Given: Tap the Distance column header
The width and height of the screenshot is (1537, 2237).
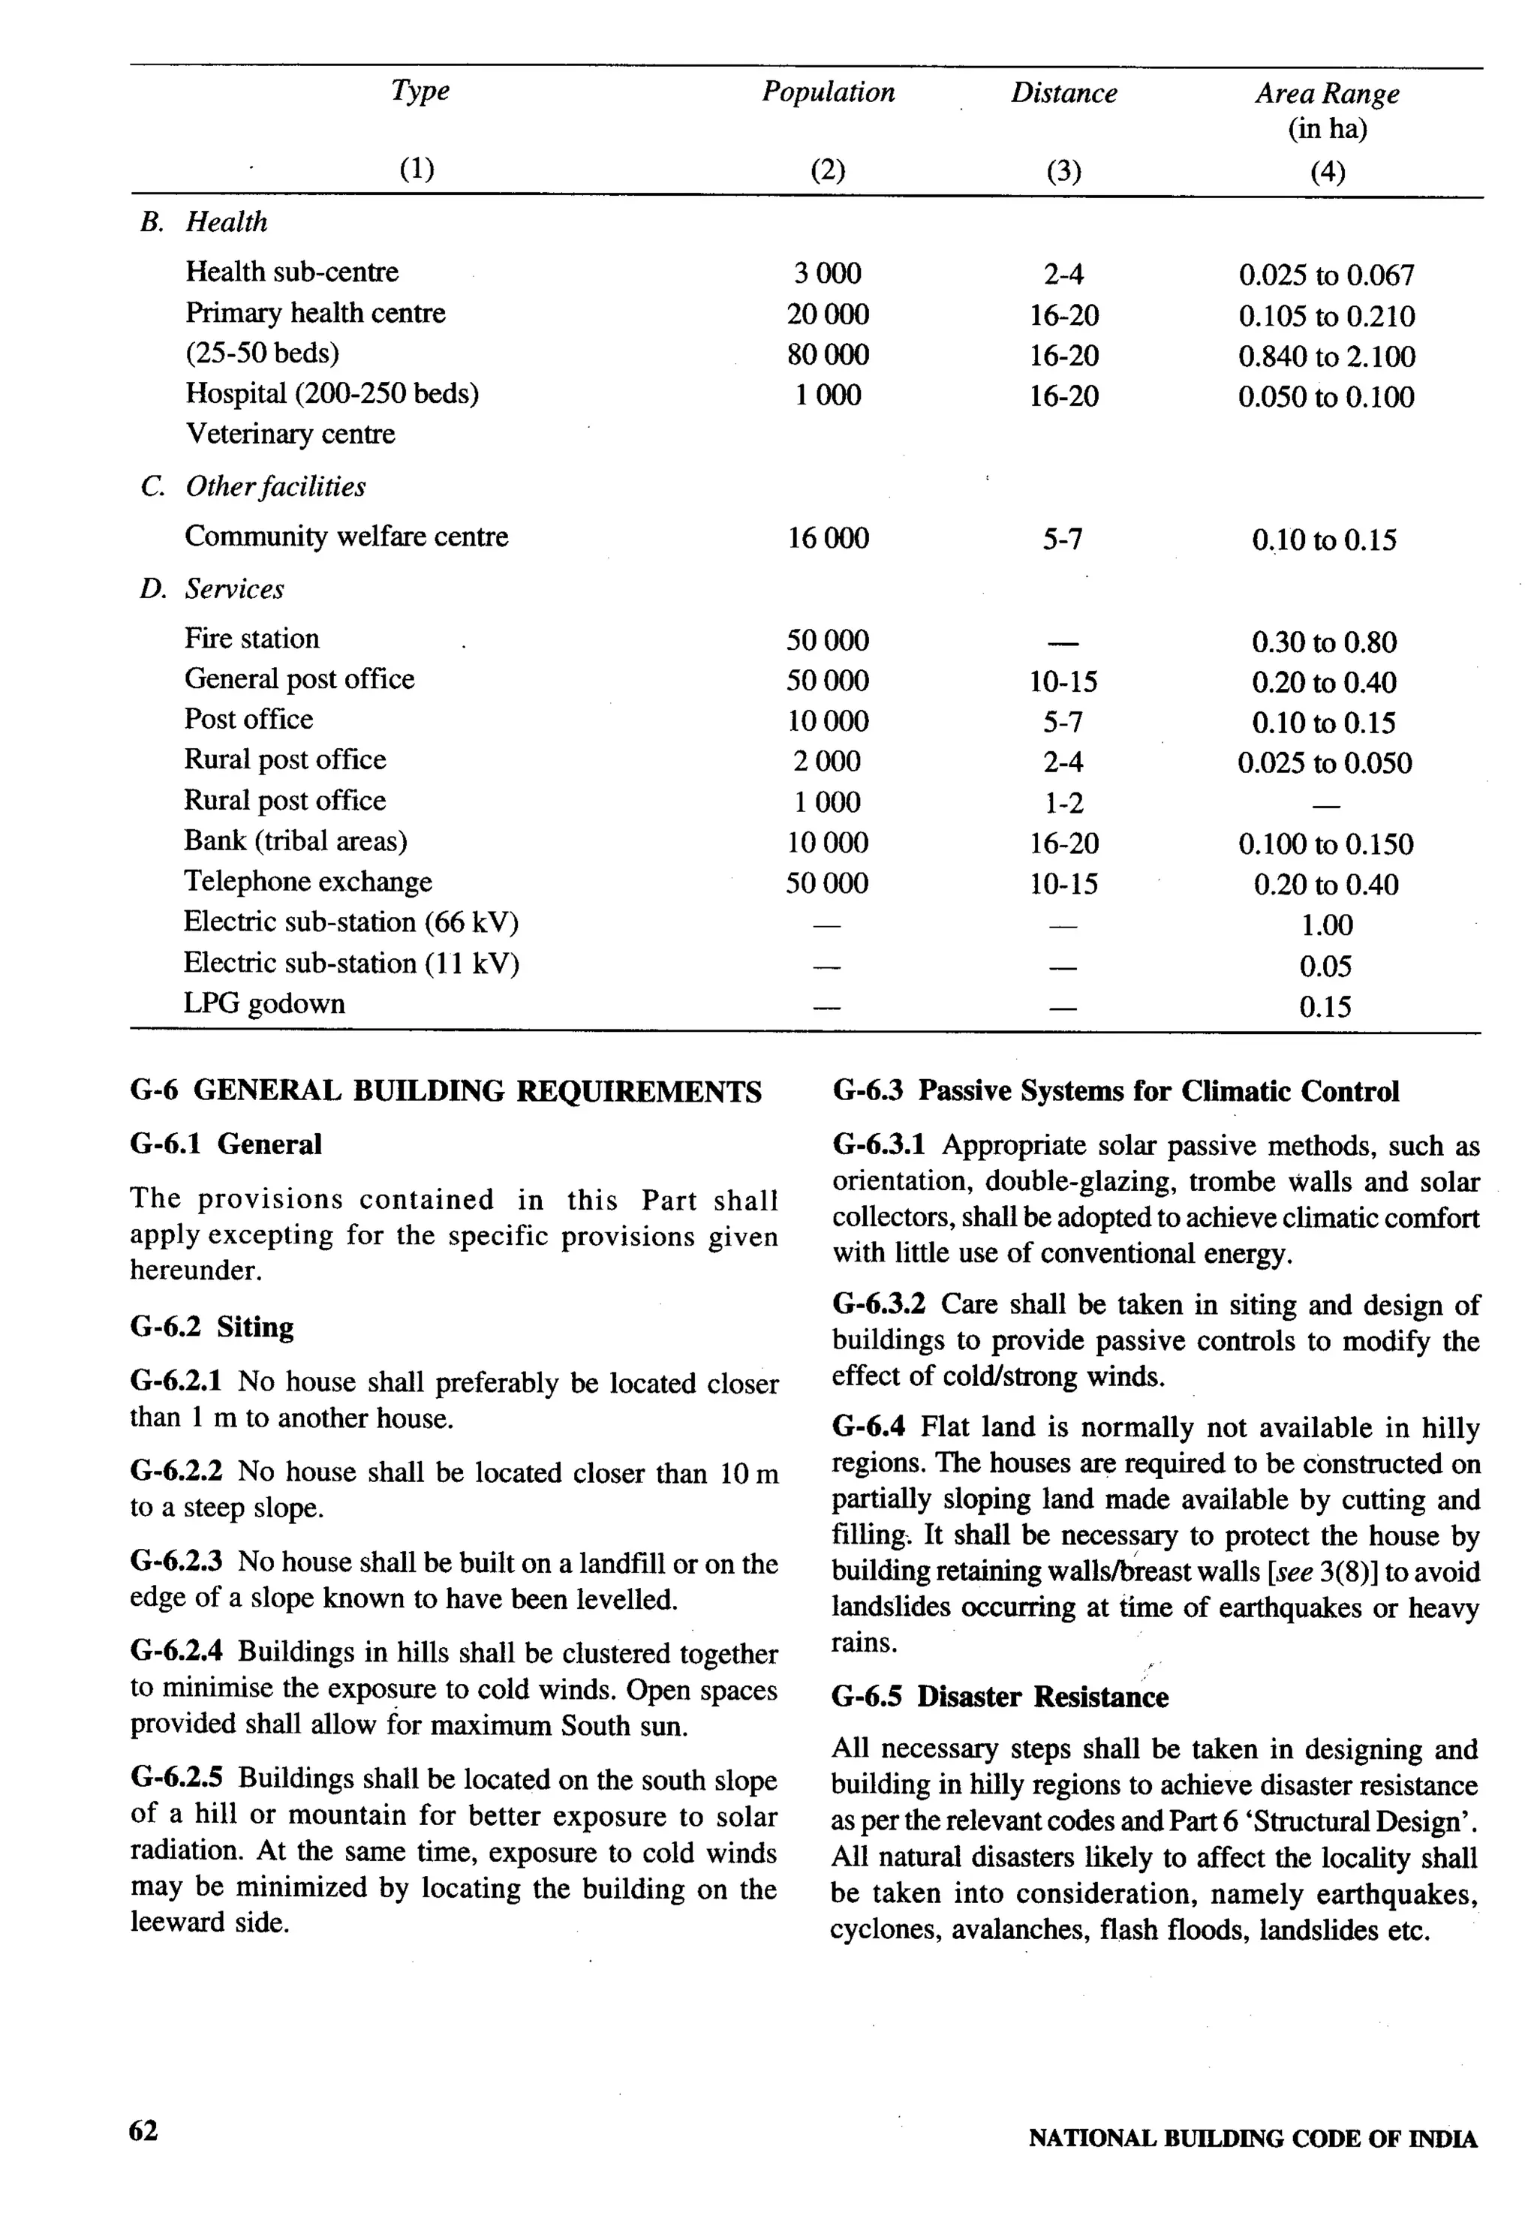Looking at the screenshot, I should [1063, 93].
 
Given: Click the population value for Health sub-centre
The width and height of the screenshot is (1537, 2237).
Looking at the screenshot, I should [827, 273].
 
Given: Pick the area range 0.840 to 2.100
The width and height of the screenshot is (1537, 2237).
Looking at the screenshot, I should [1326, 357].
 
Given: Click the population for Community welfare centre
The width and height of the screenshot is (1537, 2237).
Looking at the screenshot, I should [827, 538].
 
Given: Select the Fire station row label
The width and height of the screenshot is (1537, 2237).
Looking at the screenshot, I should [251, 639].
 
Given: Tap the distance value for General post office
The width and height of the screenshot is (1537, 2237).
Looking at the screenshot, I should [1063, 682].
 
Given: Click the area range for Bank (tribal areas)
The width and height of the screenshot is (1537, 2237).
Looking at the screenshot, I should [1325, 844].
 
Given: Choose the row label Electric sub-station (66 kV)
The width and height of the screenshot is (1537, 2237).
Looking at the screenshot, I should [350, 922].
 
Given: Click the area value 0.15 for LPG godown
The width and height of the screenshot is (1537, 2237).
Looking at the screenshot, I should [1325, 1007].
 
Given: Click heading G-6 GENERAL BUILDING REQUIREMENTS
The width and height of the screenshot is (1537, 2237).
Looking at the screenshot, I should [445, 1091].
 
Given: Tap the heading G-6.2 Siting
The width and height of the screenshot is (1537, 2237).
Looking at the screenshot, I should [212, 1327].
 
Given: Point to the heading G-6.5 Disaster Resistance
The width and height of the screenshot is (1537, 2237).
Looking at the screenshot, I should [999, 1697].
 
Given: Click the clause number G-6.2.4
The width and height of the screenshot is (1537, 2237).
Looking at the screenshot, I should [176, 1652].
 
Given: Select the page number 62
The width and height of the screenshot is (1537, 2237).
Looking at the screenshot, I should [143, 2131].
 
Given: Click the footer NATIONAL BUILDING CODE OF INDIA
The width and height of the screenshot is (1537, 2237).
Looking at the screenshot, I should [1252, 2139].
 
